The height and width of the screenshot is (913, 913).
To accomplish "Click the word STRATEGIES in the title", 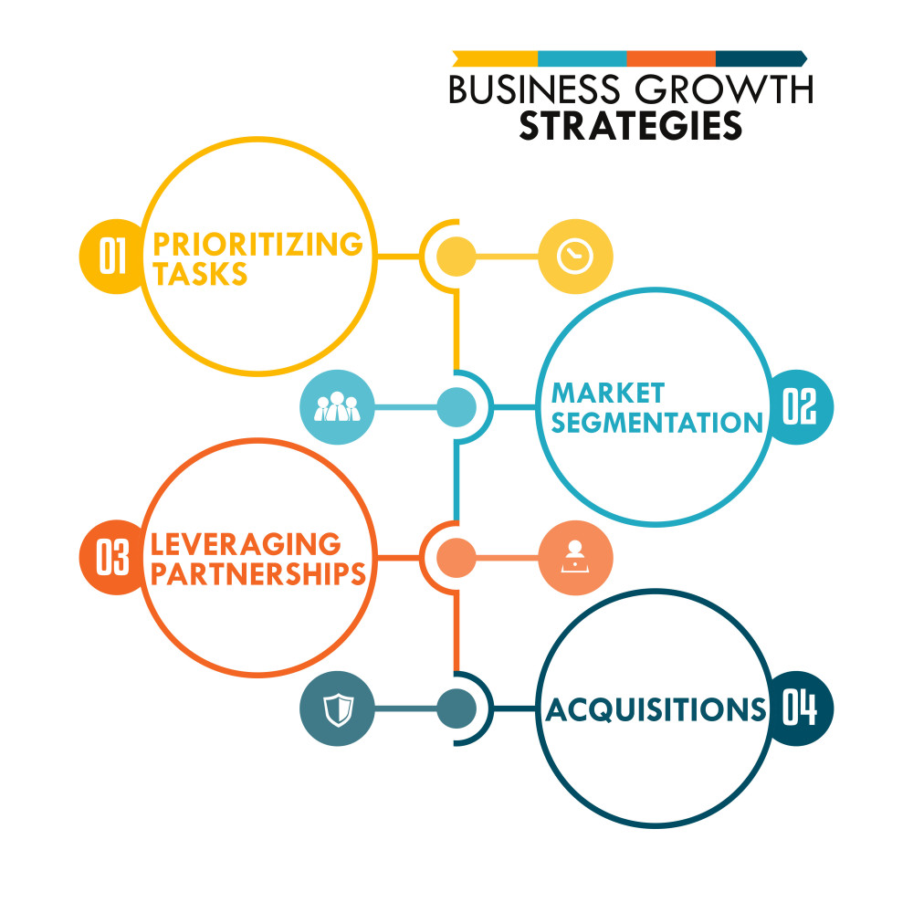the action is pyautogui.click(x=631, y=125).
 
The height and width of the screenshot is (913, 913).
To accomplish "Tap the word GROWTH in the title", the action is pyautogui.click(x=724, y=89).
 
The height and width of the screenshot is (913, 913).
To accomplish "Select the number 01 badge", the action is pyautogui.click(x=113, y=257).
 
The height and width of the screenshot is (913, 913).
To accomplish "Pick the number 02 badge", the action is pyautogui.click(x=800, y=407).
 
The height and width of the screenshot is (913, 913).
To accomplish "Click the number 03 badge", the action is pyautogui.click(x=113, y=557).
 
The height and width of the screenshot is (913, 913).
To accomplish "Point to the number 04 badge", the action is pyautogui.click(x=800, y=708).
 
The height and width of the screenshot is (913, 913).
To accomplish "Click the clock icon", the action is pyautogui.click(x=575, y=257).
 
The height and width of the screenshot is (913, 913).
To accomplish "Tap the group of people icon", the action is pyautogui.click(x=337, y=406).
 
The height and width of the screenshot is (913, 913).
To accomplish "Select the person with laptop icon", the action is pyautogui.click(x=575, y=557).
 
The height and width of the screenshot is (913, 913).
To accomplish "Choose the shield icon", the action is pyautogui.click(x=338, y=709).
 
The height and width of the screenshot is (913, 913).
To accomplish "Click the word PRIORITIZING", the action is pyautogui.click(x=257, y=244).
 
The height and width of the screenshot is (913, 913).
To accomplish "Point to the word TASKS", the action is pyautogui.click(x=200, y=273).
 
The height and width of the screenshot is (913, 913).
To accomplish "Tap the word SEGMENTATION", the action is pyautogui.click(x=656, y=422).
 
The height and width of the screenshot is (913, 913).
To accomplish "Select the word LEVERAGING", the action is pyautogui.click(x=246, y=544).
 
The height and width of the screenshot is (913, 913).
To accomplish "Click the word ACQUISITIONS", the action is pyautogui.click(x=656, y=709).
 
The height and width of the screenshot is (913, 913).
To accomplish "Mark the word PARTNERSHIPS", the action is pyautogui.click(x=258, y=573).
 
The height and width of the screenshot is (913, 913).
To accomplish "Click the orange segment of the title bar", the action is pyautogui.click(x=671, y=58).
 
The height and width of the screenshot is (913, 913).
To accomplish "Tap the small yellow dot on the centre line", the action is pyautogui.click(x=456, y=257).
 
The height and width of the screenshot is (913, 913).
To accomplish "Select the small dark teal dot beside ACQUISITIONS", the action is pyautogui.click(x=456, y=708).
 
